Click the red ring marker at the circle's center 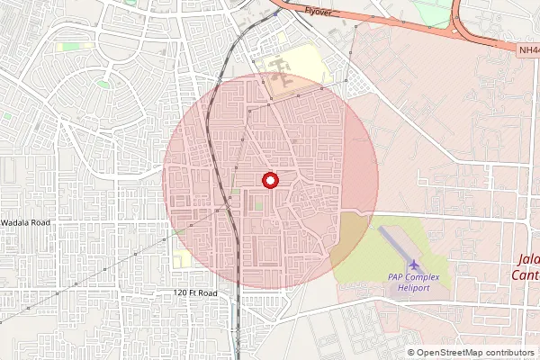click(269, 180)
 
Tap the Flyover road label click(319, 11)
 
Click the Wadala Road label click(25, 221)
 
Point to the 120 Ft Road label click(196, 293)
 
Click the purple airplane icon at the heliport click(414, 265)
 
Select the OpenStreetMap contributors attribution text click(471, 352)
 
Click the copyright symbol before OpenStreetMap click(411, 352)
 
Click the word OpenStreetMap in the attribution click(449, 352)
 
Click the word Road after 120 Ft click(209, 293)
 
